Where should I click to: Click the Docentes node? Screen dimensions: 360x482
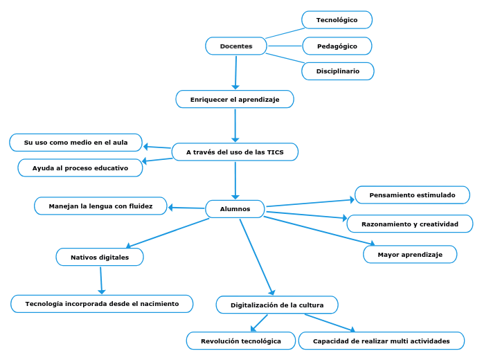[236, 46]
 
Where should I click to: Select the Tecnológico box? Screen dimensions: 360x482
[337, 20]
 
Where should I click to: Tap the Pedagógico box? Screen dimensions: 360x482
[337, 46]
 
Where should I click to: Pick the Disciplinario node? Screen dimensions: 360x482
[338, 71]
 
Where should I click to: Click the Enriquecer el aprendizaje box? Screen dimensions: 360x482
[235, 100]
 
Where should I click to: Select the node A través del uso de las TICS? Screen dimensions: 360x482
[235, 152]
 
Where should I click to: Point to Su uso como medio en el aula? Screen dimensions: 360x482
[76, 143]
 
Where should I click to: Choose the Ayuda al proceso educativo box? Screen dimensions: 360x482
[80, 168]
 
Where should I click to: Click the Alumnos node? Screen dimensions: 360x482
[235, 209]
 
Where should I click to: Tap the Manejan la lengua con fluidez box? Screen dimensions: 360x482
[101, 206]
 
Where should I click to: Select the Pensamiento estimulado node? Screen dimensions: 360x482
[412, 195]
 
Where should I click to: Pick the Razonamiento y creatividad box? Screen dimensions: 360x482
[410, 224]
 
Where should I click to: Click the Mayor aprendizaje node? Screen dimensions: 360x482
[410, 255]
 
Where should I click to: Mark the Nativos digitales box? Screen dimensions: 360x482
[100, 258]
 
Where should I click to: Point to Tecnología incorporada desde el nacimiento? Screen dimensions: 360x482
[102, 304]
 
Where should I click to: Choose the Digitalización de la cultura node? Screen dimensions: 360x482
[277, 305]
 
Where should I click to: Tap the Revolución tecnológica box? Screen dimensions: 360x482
[241, 341]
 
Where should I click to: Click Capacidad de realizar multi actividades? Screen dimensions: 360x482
[381, 341]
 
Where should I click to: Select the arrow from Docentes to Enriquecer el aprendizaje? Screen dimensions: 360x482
[235, 72]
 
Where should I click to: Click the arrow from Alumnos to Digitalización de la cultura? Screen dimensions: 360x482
[257, 257]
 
